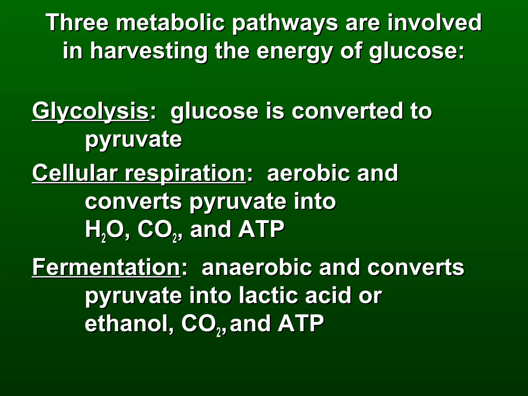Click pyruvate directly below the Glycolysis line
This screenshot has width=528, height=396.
(x=134, y=140)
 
